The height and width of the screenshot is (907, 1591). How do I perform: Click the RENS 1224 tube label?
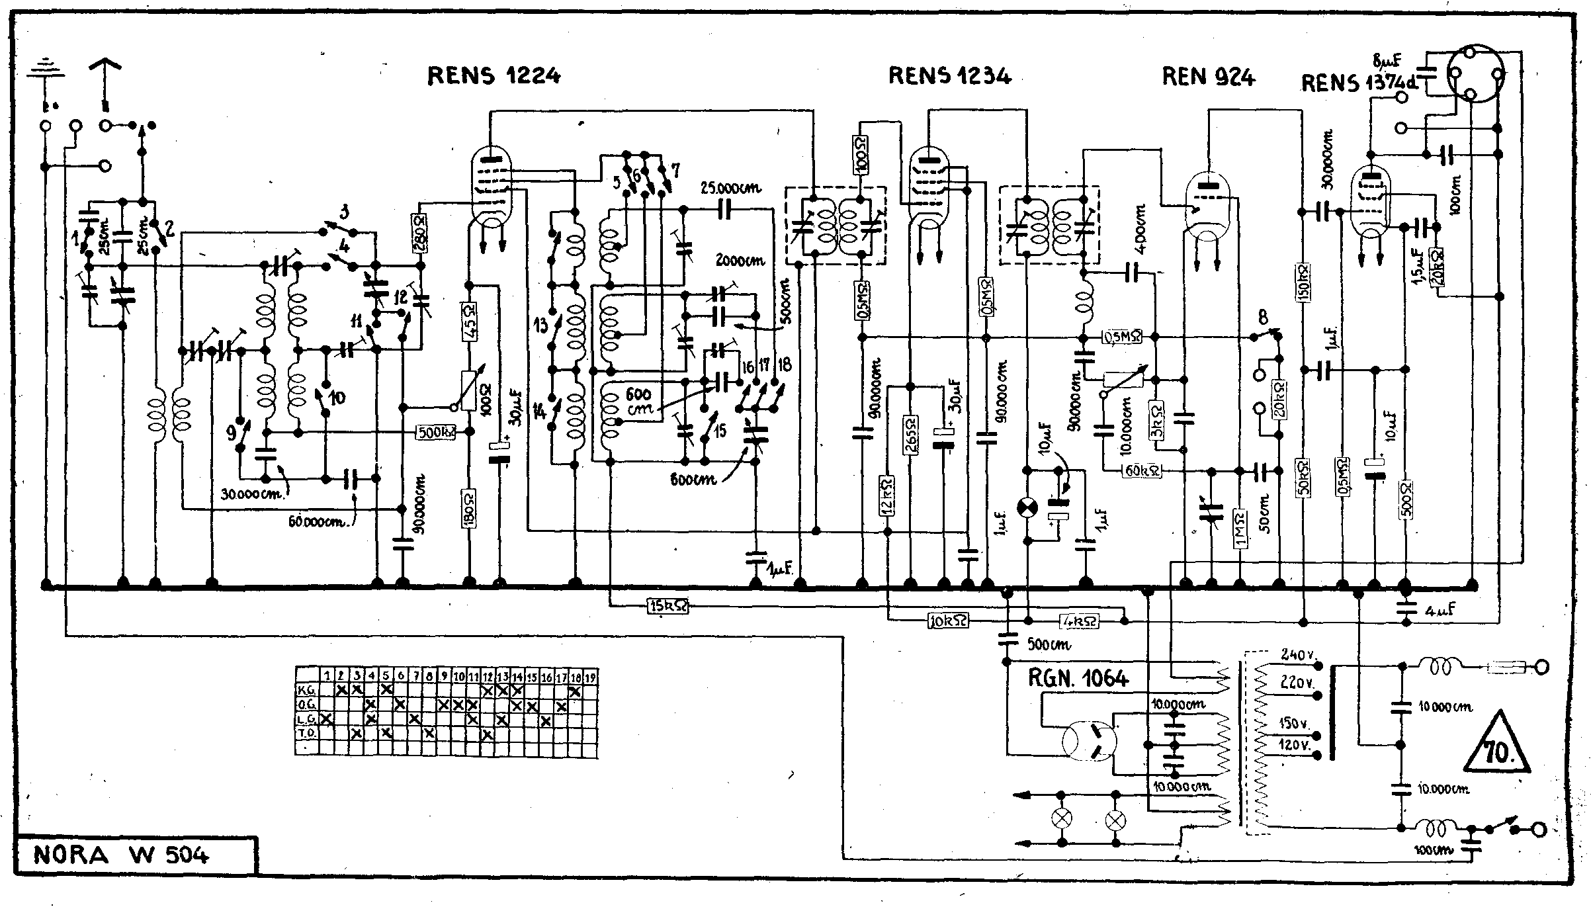(494, 76)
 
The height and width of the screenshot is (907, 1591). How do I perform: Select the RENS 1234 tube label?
(949, 76)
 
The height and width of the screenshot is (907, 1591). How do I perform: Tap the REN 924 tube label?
(1208, 77)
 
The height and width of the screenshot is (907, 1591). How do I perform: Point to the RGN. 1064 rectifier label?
(1078, 678)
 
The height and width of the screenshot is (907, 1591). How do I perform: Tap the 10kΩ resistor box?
(949, 621)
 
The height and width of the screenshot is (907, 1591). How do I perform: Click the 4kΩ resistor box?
(1080, 621)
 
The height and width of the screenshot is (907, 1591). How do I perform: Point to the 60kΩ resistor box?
(1142, 471)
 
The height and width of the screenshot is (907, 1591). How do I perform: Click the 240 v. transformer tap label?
(1297, 655)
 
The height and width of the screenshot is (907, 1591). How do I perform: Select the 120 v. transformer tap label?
(1295, 745)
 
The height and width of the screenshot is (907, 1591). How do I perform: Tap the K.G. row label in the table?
(307, 691)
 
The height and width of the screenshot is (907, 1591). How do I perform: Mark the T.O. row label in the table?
(307, 733)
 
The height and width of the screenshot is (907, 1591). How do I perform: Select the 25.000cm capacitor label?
(731, 189)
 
